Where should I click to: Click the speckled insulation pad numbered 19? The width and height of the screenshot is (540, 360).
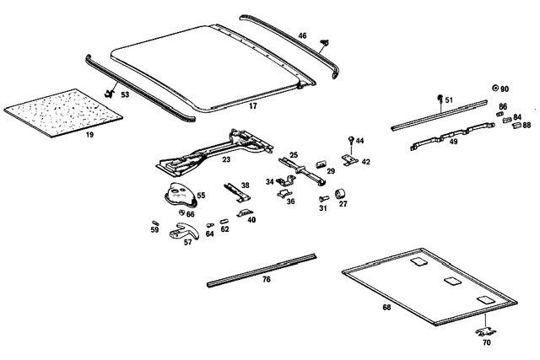pyautogui.click(x=64, y=113)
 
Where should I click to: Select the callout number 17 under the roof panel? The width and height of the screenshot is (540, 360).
pyautogui.click(x=253, y=106)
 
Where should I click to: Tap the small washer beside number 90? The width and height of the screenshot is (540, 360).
pyautogui.click(x=495, y=89)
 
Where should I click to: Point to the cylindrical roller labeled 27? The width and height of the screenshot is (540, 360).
pyautogui.click(x=341, y=194)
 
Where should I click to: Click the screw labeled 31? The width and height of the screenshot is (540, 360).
pyautogui.click(x=323, y=199)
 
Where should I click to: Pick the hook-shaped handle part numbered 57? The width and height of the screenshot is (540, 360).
pyautogui.click(x=185, y=231)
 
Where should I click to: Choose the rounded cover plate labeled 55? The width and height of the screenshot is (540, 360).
pyautogui.click(x=181, y=196)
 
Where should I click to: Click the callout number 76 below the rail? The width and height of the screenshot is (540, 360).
pyautogui.click(x=267, y=279)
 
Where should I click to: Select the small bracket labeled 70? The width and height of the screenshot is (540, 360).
pyautogui.click(x=486, y=332)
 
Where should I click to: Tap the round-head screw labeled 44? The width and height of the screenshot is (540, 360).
pyautogui.click(x=351, y=139)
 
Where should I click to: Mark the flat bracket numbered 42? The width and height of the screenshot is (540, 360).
pyautogui.click(x=350, y=159)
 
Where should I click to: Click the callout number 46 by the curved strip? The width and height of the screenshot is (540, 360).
pyautogui.click(x=302, y=35)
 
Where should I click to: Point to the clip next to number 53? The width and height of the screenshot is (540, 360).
pyautogui.click(x=110, y=93)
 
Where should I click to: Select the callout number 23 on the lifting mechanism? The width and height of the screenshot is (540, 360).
pyautogui.click(x=226, y=159)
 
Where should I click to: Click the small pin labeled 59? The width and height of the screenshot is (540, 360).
pyautogui.click(x=154, y=223)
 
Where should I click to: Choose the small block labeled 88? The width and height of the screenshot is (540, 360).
pyautogui.click(x=517, y=126)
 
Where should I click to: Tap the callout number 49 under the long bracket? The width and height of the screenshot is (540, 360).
pyautogui.click(x=454, y=142)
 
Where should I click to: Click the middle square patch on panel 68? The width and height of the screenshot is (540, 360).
pyautogui.click(x=452, y=281)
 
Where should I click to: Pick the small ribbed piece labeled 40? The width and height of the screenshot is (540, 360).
pyautogui.click(x=245, y=213)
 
